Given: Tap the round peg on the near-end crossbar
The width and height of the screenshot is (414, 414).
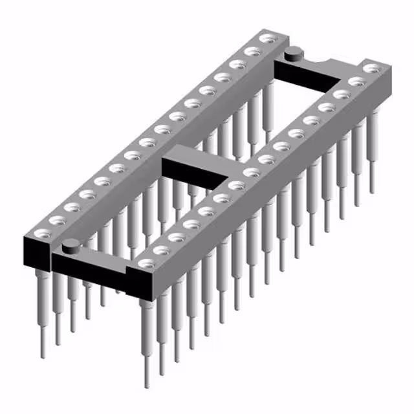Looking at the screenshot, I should pyautogui.click(x=71, y=245).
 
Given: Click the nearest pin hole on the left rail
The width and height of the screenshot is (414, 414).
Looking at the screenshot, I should pyautogui.click(x=43, y=231).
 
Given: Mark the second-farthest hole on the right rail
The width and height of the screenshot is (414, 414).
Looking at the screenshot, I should pyautogui.click(x=356, y=81).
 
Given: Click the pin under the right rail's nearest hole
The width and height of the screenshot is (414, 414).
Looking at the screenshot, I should pyautogui.click(x=147, y=343).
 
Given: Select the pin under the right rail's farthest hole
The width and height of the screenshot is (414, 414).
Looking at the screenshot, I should pyautogui.click(x=372, y=155).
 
